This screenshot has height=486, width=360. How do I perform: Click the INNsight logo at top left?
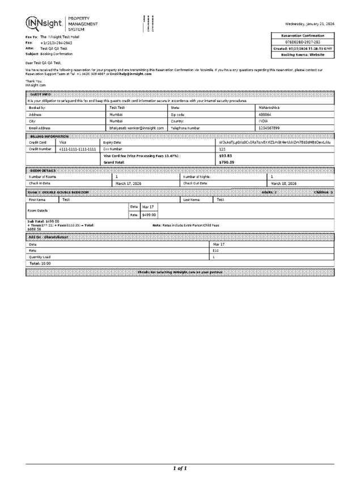point(44,24)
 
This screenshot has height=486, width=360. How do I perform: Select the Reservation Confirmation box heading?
point(303,36)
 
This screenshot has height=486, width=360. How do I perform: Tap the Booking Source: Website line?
point(303,55)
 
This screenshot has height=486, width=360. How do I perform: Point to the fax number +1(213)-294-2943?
point(56,43)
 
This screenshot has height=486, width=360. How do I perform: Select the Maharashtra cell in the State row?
point(269,107)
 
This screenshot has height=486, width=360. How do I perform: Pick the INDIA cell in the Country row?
point(264,121)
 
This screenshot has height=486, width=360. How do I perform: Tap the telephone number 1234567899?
point(269,128)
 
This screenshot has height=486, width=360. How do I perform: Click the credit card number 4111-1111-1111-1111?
point(78,149)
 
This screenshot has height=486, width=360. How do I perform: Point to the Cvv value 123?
point(222,149)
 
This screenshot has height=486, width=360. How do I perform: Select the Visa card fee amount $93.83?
point(226,155)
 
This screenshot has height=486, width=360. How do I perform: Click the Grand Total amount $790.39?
point(227,162)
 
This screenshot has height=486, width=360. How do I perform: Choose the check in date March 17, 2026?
point(128,184)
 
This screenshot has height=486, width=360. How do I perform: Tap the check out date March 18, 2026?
point(283,184)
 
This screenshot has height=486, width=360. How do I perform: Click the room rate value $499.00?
point(149,215)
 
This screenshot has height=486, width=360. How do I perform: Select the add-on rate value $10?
point(215,250)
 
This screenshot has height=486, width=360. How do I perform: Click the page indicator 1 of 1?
point(180,468)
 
